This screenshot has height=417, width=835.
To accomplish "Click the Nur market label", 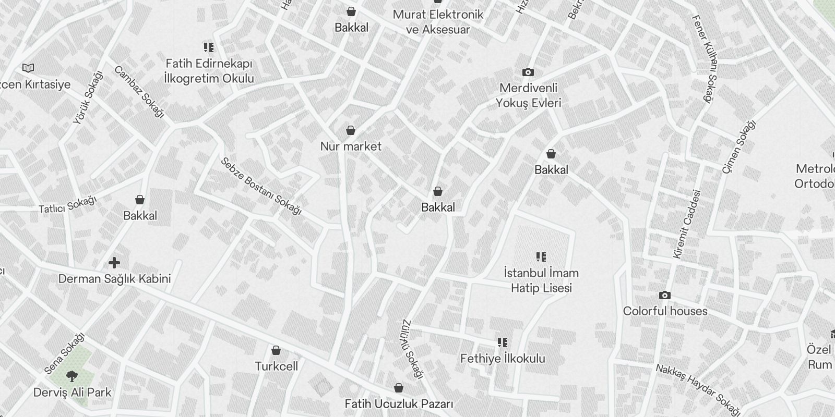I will tap(351, 146).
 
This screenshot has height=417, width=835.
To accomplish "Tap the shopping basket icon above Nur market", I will tap(351, 130).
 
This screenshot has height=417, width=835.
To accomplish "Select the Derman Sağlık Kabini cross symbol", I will tap(114, 263).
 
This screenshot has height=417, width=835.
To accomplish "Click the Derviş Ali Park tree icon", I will tap(72, 376).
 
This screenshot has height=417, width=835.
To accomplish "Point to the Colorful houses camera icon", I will tap(664, 296).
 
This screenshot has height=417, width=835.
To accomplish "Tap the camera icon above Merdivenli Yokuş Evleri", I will tap(528, 72).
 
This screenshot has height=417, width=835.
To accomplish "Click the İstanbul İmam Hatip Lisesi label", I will tap(541, 280).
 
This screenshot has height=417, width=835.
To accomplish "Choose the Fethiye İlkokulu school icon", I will tap(503, 342).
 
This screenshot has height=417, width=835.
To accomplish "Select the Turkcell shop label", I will tap(276, 366).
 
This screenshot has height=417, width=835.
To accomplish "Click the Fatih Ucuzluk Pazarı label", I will tap(399, 404).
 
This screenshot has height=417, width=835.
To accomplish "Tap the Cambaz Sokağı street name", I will tap(139, 92).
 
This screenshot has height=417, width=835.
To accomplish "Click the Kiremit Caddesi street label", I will tap(686, 224).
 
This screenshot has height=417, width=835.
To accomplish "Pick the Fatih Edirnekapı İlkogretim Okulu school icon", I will tap(209, 48).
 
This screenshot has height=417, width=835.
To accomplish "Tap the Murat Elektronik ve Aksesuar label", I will tap(438, 22).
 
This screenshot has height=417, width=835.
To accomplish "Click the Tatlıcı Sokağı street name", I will tap(68, 204).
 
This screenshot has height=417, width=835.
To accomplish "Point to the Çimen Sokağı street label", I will tap(738, 146).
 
